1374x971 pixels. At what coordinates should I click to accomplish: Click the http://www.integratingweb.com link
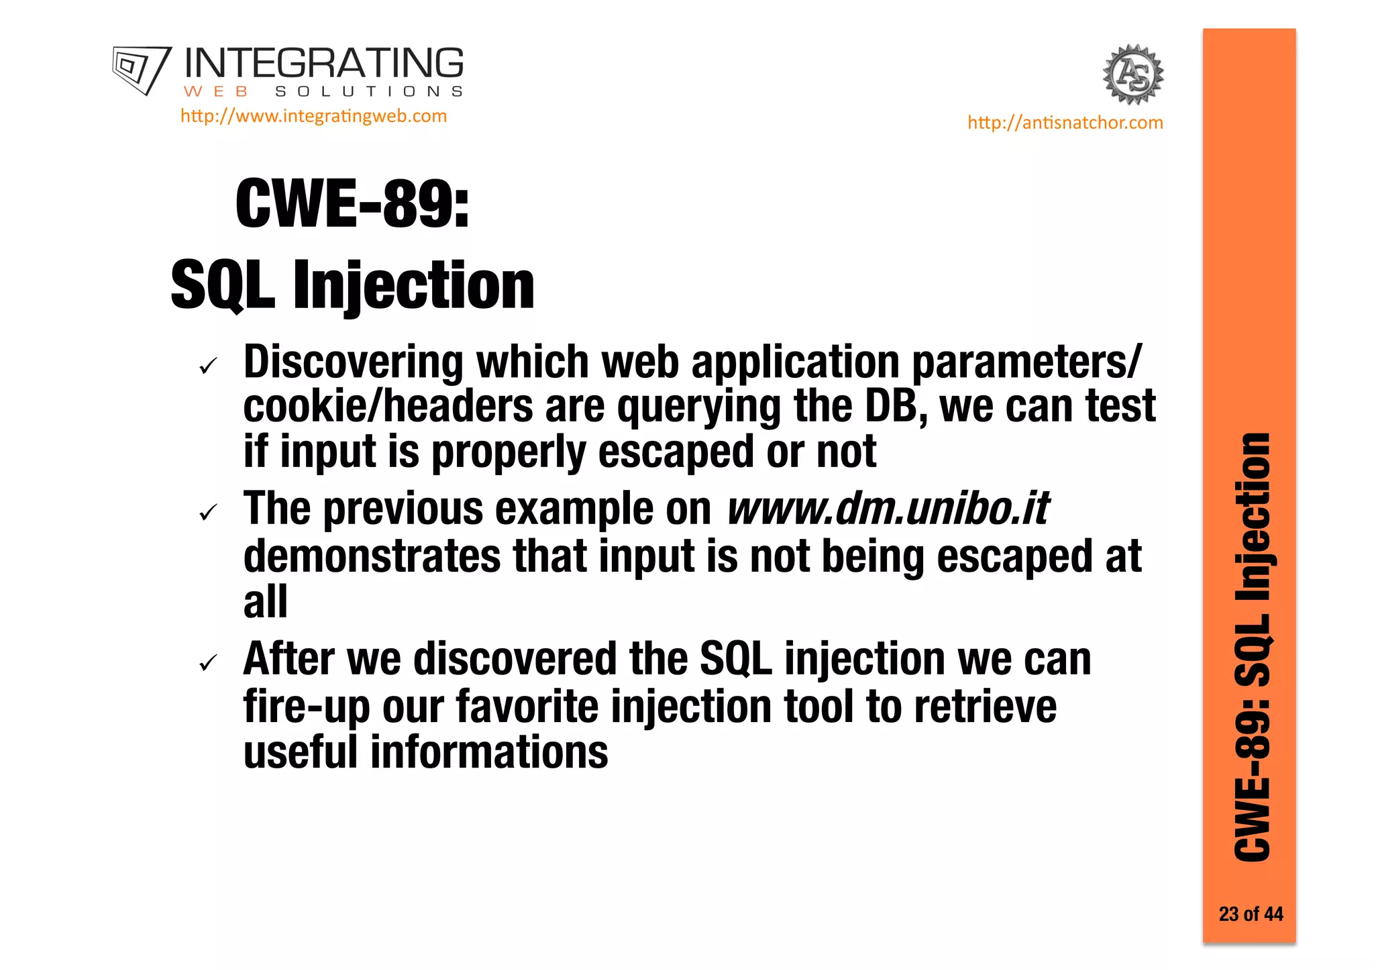[313, 116]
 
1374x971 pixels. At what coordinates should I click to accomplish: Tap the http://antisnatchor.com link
[1065, 123]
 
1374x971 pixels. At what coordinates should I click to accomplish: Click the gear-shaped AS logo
[1133, 74]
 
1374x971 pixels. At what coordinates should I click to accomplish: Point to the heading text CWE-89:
[352, 204]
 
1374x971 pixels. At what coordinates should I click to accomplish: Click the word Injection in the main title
[413, 286]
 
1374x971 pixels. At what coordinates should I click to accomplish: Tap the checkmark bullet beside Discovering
[209, 366]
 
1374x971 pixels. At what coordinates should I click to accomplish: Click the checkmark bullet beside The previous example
[209, 513]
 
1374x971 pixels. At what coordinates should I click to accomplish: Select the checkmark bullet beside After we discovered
[209, 664]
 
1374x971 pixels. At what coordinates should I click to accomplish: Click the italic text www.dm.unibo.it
[888, 509]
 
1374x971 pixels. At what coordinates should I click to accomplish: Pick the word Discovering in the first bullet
[353, 362]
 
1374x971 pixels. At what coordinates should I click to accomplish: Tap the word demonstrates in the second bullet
[372, 557]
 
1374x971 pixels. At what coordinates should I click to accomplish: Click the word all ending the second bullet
[266, 601]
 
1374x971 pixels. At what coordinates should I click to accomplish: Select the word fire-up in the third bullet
[307, 707]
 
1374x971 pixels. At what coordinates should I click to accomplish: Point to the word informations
[489, 752]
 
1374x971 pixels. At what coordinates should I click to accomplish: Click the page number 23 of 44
[1251, 914]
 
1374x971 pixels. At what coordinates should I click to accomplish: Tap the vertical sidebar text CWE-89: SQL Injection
[1252, 648]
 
